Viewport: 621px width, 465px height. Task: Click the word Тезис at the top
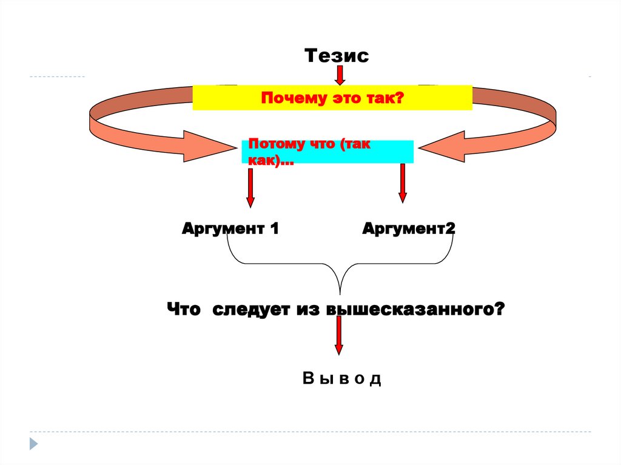click(337, 56)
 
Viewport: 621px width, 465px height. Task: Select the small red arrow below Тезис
click(340, 75)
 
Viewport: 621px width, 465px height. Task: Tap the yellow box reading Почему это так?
click(332, 98)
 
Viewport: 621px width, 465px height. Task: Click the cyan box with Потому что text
click(327, 152)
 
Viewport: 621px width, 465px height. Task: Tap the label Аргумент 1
click(230, 229)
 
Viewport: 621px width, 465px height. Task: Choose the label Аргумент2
click(409, 229)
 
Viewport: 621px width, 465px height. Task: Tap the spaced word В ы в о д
click(341, 380)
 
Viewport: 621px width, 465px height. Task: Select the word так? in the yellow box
click(388, 98)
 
